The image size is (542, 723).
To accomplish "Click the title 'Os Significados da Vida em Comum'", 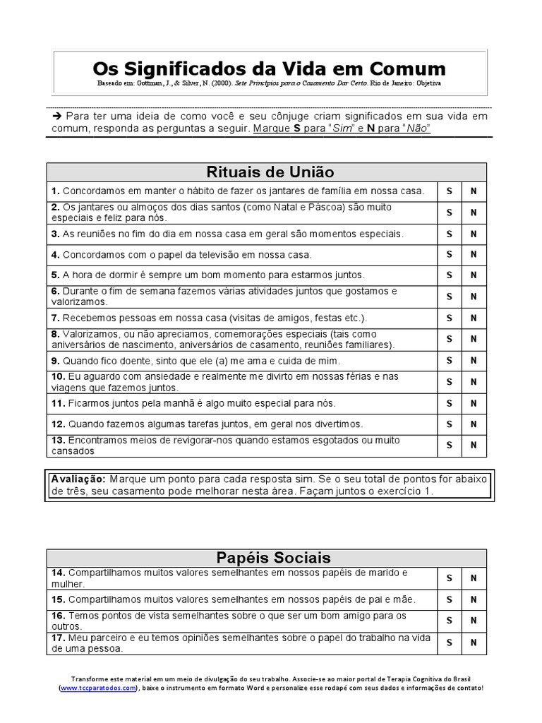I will [x=270, y=68].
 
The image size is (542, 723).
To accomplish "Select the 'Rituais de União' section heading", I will [x=270, y=172].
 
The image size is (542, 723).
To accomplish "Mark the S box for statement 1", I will [x=449, y=191].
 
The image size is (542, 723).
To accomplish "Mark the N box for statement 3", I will [x=474, y=234].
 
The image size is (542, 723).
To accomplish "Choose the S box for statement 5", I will [x=449, y=275].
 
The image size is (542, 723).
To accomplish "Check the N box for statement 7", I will [x=474, y=318].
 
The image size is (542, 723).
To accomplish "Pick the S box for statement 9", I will [x=449, y=361].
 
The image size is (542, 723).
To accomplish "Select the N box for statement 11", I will [x=474, y=404].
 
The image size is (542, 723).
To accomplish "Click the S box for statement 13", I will [x=449, y=446].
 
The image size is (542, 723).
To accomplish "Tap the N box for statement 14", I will [x=474, y=578].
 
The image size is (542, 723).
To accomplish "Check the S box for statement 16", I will [x=449, y=621].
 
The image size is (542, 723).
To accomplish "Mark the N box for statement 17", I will [x=474, y=643].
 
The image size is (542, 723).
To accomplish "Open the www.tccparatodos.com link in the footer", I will [x=97, y=688].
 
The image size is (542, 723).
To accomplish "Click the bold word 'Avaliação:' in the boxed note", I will [x=78, y=479].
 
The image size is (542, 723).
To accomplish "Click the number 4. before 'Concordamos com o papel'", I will [x=55, y=254].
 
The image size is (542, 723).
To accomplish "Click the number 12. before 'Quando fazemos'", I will [x=58, y=424].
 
